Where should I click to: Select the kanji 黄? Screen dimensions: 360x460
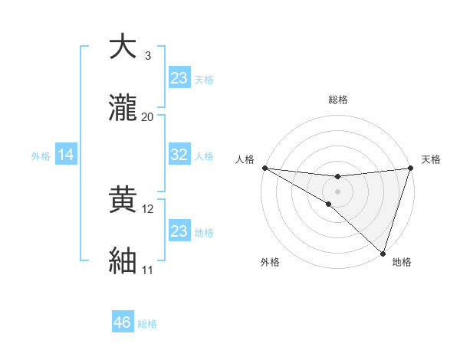pos(122,200)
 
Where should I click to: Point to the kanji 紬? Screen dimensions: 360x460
pos(122,261)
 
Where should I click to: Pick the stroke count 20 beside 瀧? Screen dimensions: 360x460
pos(147,116)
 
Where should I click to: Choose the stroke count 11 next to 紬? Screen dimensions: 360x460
pos(147,270)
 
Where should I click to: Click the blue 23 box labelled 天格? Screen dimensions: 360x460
pos(179,78)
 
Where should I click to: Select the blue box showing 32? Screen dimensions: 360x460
pos(179,155)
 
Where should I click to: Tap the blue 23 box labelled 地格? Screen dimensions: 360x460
pos(179,231)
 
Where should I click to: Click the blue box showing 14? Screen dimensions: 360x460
pos(66,155)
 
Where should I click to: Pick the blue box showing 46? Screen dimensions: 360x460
pos(123,322)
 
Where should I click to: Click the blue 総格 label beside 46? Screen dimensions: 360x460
pos(147,324)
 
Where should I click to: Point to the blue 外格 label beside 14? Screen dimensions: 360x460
pos(41,156)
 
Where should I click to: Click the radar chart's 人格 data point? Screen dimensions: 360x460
pos(264,168)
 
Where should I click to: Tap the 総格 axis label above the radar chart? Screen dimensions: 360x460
pos(337,100)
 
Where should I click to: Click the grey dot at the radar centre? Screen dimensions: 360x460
pos(337,191)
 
